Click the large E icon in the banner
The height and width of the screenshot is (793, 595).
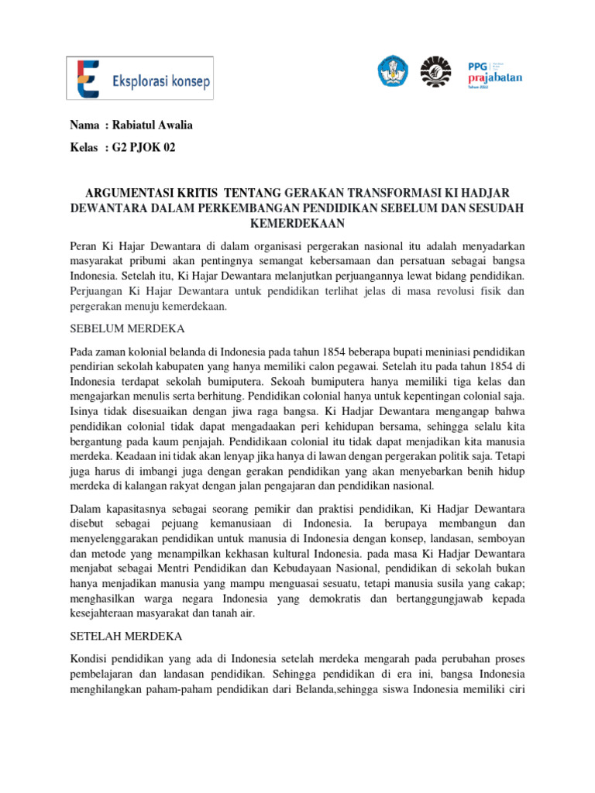pyautogui.click(x=89, y=79)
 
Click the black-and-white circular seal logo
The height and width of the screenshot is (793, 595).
pyautogui.click(x=435, y=72)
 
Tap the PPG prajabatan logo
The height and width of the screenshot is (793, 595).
pyautogui.click(x=495, y=74)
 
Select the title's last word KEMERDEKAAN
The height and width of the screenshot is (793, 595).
pyautogui.click(x=297, y=223)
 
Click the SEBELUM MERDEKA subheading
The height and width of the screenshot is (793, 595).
pyautogui.click(x=119, y=328)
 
